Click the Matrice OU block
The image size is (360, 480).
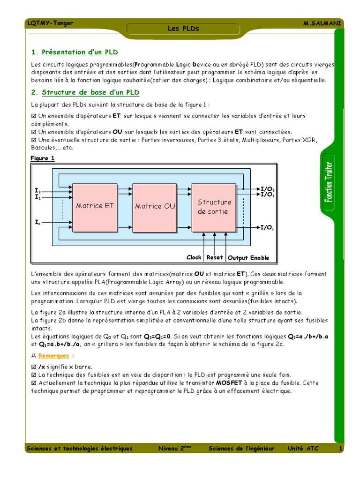click(x=155, y=206)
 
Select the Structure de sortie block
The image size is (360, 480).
click(x=214, y=207)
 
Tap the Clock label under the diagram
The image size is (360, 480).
click(x=194, y=257)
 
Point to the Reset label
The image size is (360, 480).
click(x=215, y=257)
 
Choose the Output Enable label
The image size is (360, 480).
click(x=248, y=258)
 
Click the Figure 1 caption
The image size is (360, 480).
click(x=43, y=158)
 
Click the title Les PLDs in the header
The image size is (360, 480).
click(x=183, y=29)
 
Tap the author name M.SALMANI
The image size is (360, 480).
click(x=323, y=23)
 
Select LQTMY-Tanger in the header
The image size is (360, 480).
click(x=51, y=23)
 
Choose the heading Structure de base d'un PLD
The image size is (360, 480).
click(x=90, y=92)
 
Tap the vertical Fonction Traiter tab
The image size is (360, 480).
click(x=329, y=181)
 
